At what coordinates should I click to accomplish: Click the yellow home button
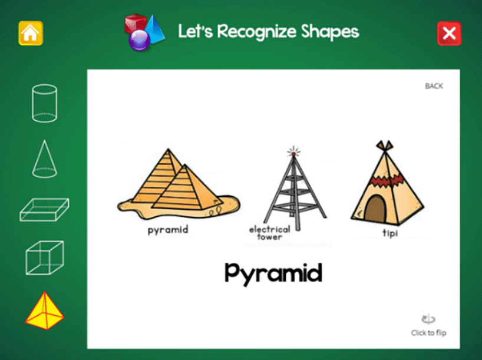coord(31,33)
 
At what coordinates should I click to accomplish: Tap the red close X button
coord(449,33)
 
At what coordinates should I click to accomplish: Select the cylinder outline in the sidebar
coord(45,103)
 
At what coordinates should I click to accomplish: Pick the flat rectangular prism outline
coord(44,210)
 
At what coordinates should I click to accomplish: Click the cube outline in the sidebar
coord(45,257)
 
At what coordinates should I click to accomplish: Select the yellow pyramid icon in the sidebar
coord(45,311)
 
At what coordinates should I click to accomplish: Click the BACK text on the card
coord(434,86)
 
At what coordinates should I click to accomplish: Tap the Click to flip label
coord(428,333)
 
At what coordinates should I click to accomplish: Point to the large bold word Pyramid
coord(273,273)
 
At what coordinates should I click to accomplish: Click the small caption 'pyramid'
coord(168,230)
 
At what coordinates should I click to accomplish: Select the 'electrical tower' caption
coord(270,233)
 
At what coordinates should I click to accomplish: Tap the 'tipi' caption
coord(390,233)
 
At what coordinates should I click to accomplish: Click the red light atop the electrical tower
coord(294,153)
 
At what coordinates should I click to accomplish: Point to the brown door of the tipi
coord(375,209)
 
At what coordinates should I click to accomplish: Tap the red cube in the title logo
coord(136,24)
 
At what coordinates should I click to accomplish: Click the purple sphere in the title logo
coord(139,40)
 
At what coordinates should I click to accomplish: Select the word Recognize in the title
coord(257,31)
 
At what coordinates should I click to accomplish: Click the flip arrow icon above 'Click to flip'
coord(428,319)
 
